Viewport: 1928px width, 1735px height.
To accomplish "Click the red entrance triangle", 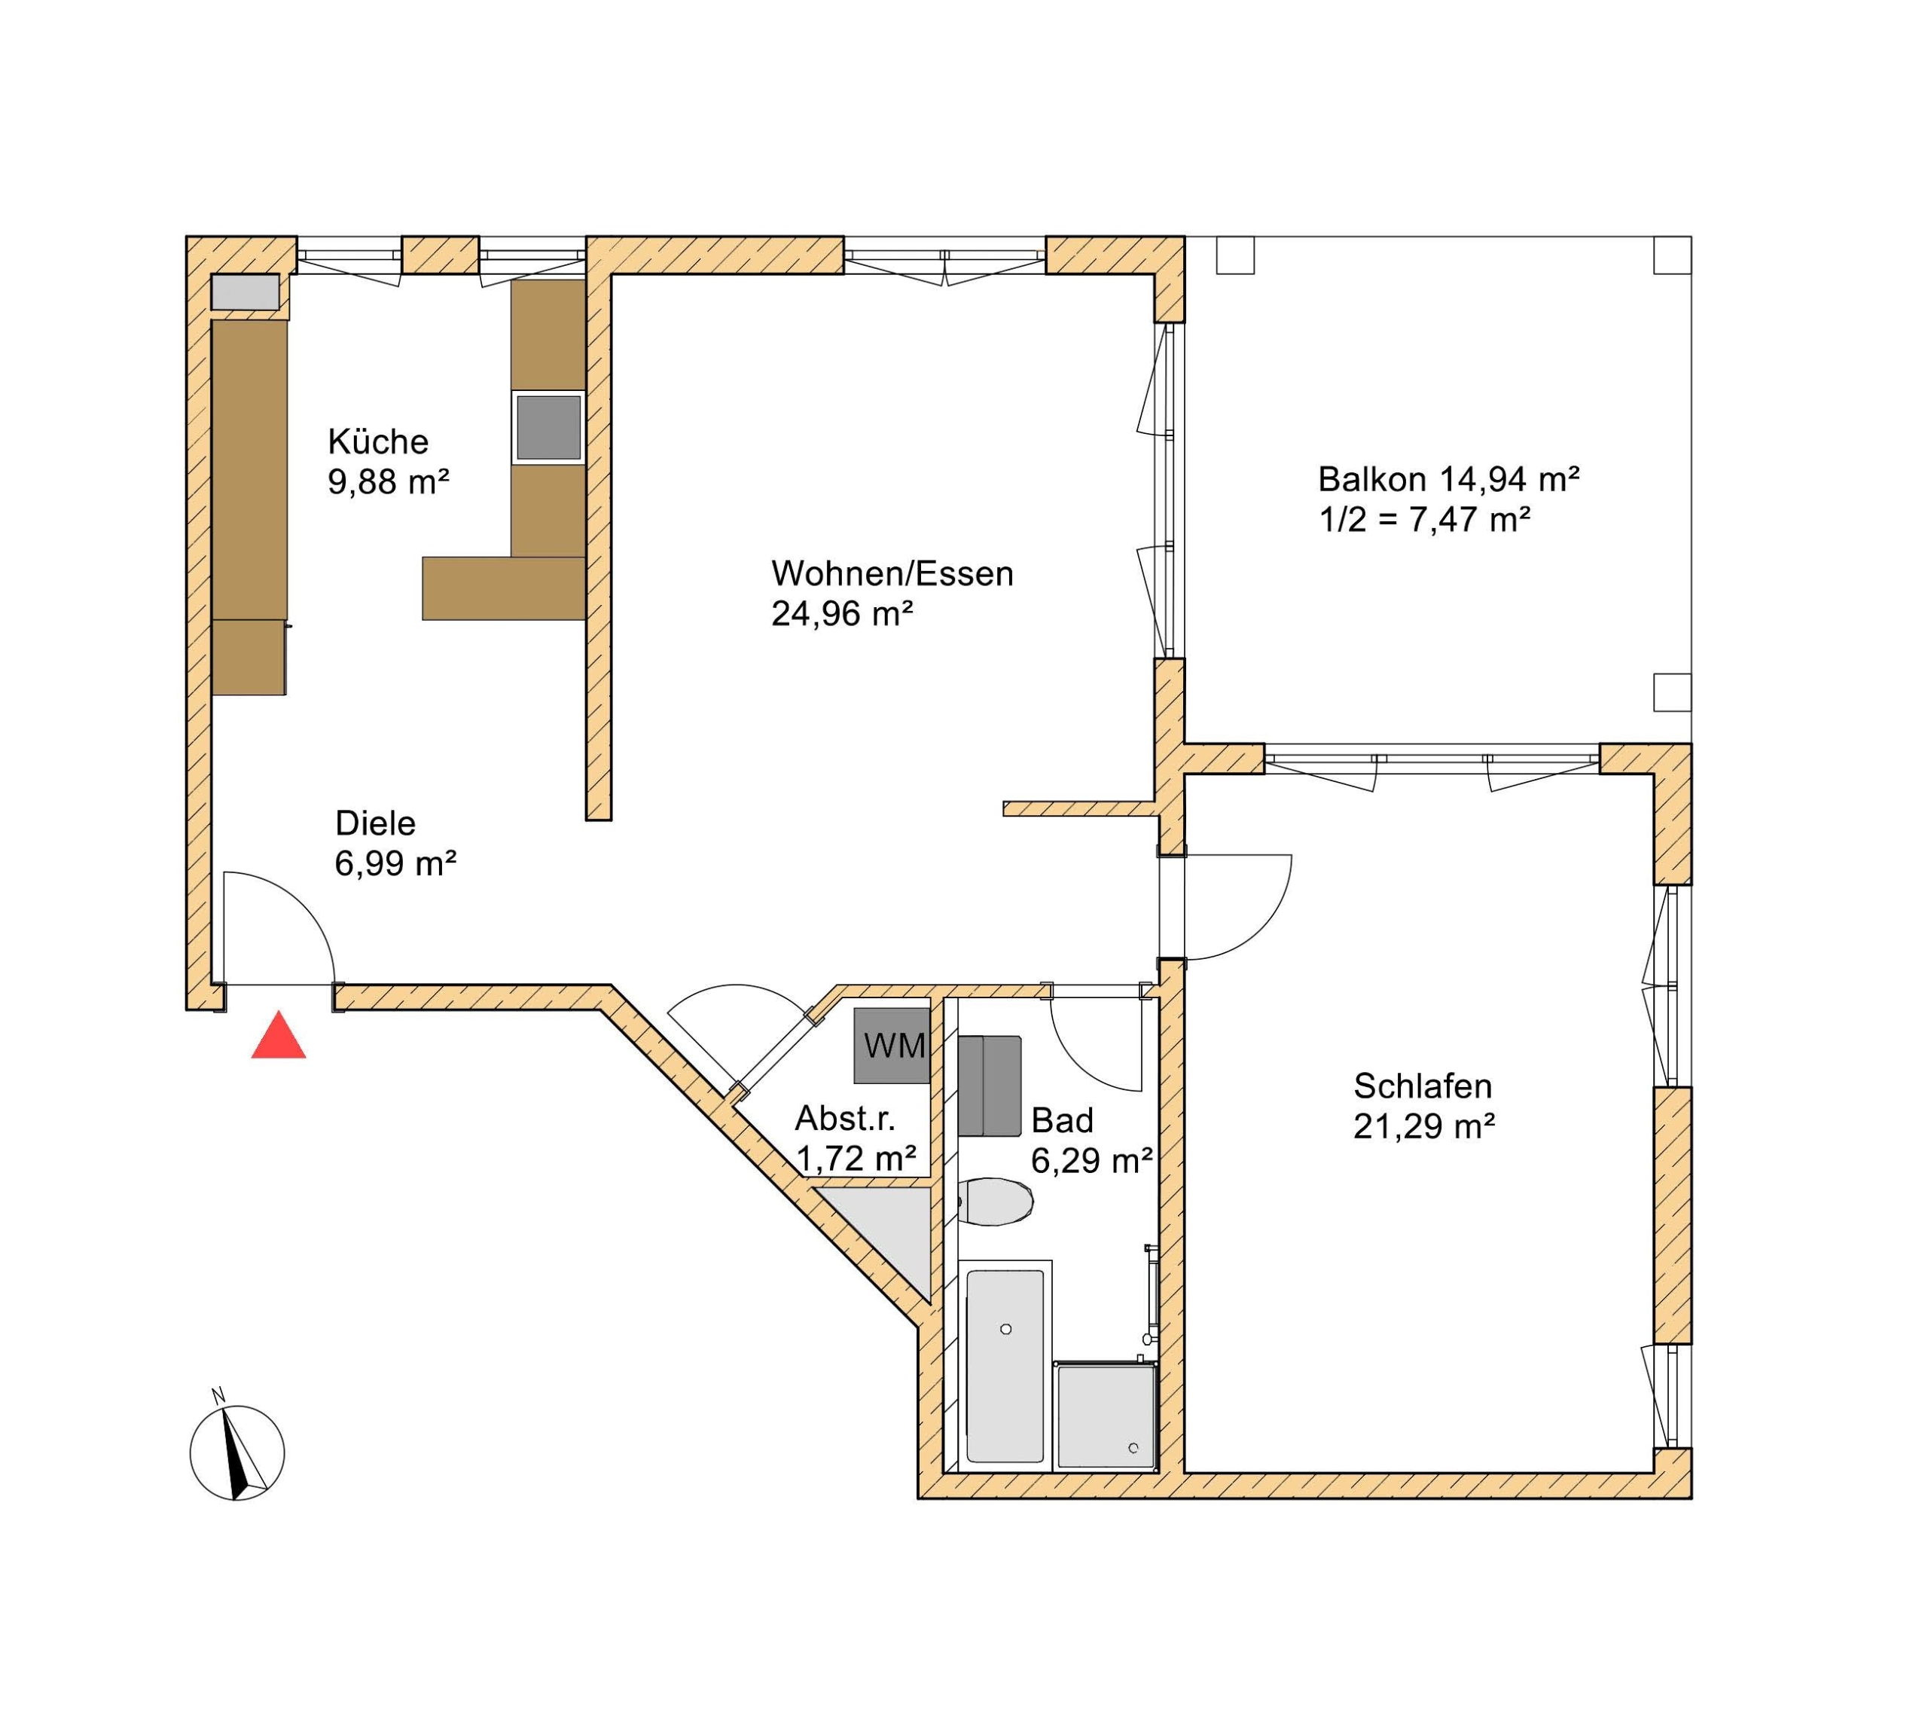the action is click(x=279, y=1037).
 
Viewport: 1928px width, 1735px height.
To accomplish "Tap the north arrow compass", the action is click(x=236, y=1452).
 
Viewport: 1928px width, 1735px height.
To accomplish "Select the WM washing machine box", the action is click(x=892, y=1046).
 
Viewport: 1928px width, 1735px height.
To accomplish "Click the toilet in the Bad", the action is click(x=994, y=1203).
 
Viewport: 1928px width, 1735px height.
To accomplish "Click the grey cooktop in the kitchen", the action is click(x=548, y=428).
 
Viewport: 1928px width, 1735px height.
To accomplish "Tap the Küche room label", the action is click(x=378, y=441).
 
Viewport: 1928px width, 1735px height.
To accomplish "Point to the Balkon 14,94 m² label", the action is click(x=1448, y=478).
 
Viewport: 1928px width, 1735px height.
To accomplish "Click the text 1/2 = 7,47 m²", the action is click(x=1425, y=520).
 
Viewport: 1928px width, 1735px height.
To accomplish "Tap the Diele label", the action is click(x=376, y=823).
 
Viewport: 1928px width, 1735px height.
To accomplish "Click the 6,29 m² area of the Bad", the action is click(x=1092, y=1160).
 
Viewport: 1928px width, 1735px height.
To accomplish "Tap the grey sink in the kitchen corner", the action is click(x=245, y=292).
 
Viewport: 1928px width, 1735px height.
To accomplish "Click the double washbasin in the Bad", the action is click(x=990, y=1086).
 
